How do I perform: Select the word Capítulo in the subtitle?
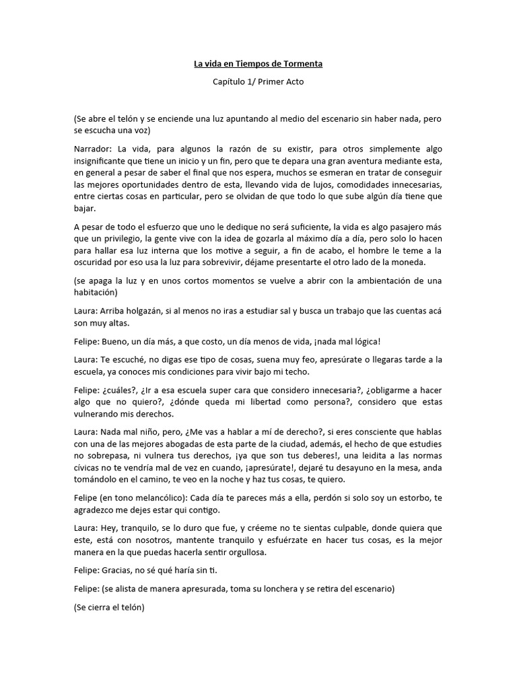click(x=231, y=82)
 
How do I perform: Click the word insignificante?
click(x=102, y=161)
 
